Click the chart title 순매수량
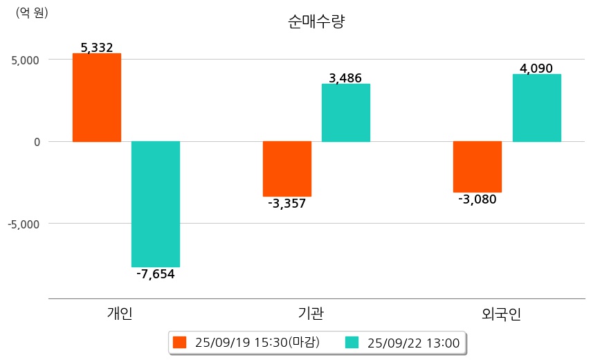316,21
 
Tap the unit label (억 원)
32,12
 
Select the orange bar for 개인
97,97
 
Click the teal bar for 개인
156,204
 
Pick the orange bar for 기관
287,168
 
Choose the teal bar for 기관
346,112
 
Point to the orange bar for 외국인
478,166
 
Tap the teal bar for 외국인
536,107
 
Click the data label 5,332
97,48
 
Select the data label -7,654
156,274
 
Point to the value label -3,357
287,204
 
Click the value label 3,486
345,78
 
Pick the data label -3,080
478,199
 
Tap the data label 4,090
536,69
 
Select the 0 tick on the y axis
37,142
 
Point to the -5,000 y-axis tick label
24,224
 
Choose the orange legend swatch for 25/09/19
180,342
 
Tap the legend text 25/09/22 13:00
413,342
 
